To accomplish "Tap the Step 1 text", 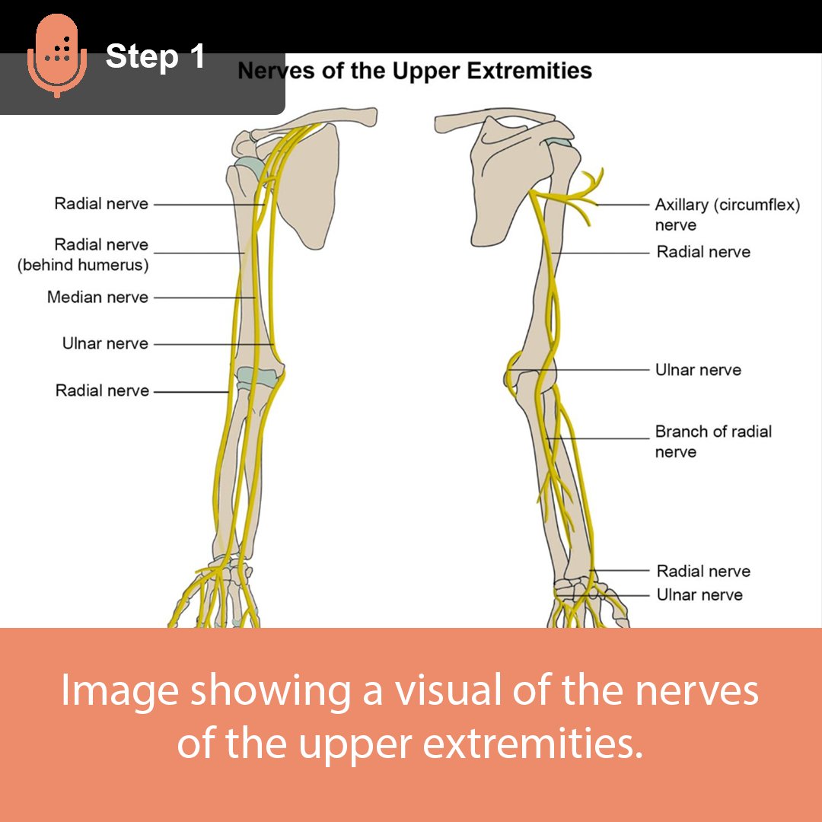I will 155,56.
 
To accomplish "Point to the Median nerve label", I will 97,297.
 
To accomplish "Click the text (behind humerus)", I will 83,265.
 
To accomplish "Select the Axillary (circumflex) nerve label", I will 727,205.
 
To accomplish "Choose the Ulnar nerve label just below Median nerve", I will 105,344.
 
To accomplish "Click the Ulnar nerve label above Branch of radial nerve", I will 698,370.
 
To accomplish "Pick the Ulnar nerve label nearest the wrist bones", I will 699,594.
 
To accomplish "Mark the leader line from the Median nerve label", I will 204,298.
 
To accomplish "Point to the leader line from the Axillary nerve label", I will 623,205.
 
